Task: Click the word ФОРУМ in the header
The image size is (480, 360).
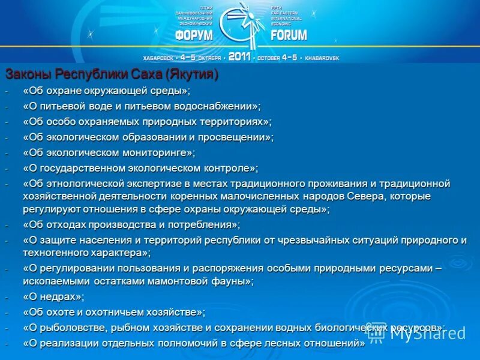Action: click(194, 35)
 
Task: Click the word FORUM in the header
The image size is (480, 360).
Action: click(289, 35)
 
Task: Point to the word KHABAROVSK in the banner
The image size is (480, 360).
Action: click(322, 58)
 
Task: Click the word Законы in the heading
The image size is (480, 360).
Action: click(29, 74)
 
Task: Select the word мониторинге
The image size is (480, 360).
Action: click(157, 153)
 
